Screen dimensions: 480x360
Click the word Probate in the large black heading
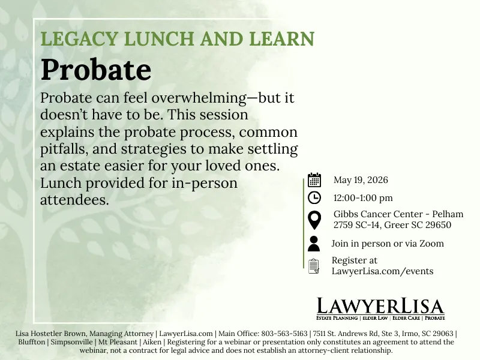point(96,70)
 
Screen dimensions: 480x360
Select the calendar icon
point(314,180)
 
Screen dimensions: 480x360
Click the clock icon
point(314,198)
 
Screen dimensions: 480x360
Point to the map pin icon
point(314,220)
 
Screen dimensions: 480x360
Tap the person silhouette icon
point(314,244)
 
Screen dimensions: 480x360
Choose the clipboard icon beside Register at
point(314,266)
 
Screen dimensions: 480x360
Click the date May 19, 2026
point(361,180)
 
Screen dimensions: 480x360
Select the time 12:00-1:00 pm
point(363,198)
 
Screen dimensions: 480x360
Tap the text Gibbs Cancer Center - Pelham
point(398,214)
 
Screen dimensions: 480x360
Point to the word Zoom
point(431,244)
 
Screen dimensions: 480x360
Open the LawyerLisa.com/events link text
point(382,271)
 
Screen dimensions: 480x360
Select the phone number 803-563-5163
point(284,334)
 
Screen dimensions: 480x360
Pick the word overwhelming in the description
point(199,98)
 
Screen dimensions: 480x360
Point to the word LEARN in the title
point(281,38)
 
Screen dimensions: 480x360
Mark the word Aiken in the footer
point(152,342)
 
